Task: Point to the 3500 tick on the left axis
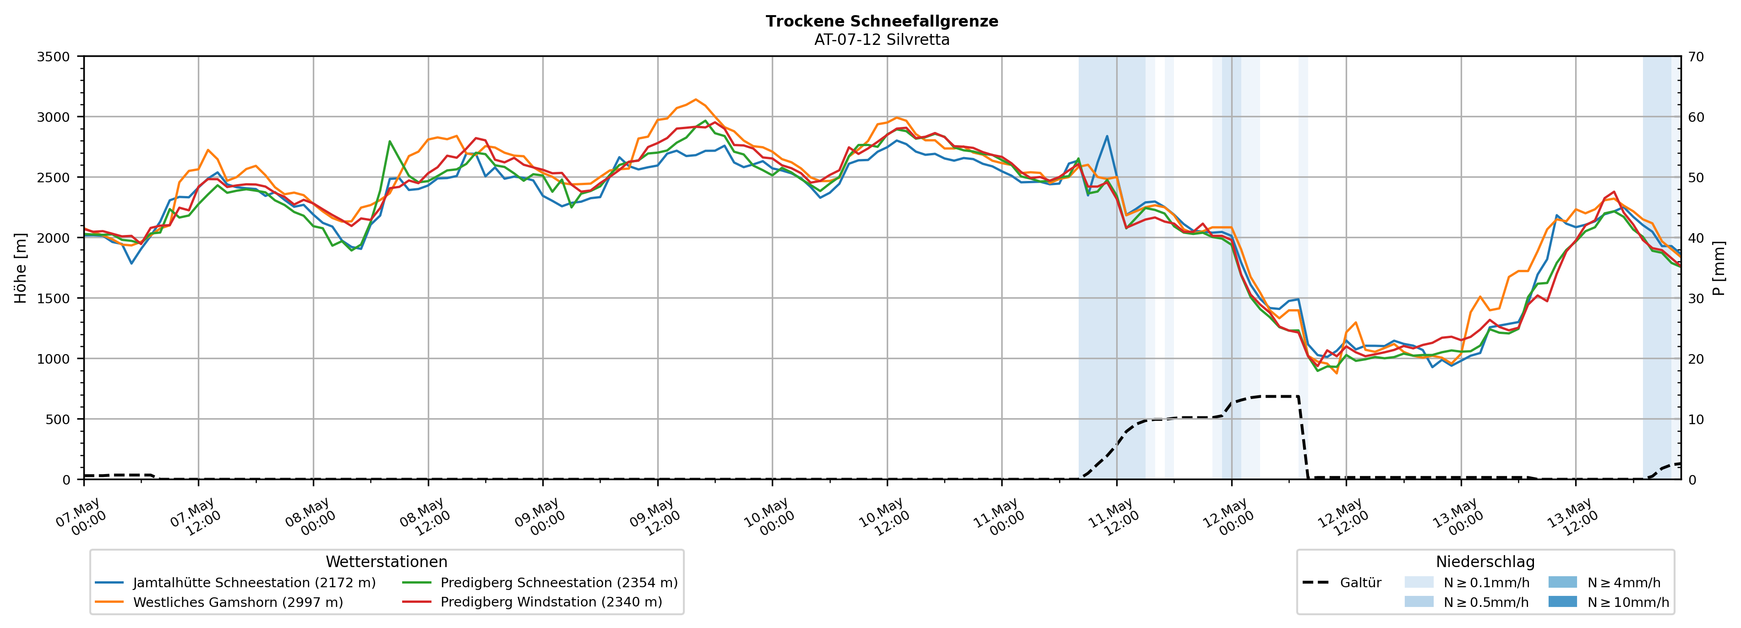point(54,57)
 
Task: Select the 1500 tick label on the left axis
point(54,298)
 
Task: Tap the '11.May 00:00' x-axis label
point(998,517)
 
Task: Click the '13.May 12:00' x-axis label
point(1572,517)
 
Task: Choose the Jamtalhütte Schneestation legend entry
point(235,583)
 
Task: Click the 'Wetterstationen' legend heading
point(387,562)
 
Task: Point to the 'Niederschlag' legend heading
point(1485,562)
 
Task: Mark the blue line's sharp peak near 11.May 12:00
point(1107,136)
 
